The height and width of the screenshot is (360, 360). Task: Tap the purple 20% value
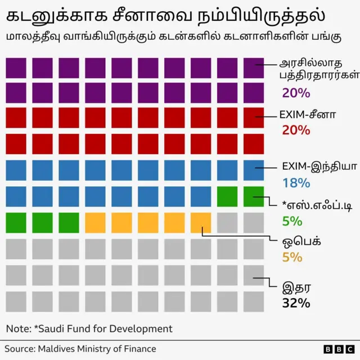296,93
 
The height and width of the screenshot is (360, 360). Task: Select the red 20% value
296,130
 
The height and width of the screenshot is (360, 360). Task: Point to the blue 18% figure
296,182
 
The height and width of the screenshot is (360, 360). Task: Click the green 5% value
292,220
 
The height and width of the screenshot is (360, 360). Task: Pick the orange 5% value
292,257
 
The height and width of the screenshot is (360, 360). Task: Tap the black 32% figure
296,303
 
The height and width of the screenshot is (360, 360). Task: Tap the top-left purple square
16,67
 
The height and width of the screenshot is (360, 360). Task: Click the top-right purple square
254,67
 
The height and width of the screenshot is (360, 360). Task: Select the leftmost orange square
95,222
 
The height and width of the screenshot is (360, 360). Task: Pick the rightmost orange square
201,222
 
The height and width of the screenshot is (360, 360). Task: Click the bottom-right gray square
254,300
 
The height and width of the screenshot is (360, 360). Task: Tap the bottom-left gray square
16,300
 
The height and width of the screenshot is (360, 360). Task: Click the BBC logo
336,349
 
